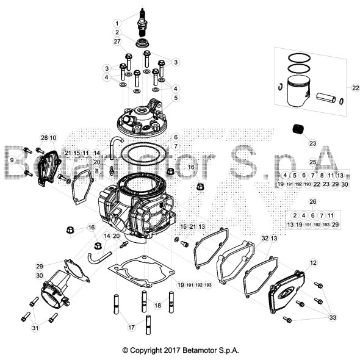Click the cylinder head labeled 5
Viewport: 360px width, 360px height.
[141, 118]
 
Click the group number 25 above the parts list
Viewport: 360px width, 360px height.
[312, 162]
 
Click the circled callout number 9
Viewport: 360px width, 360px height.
[11, 160]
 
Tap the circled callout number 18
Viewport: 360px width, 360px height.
[157, 304]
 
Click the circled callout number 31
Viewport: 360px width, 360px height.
[35, 329]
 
